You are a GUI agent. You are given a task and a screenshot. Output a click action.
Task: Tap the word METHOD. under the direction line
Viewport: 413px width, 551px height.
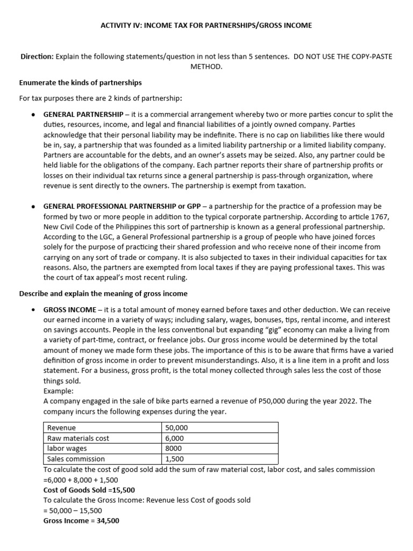(x=206, y=67)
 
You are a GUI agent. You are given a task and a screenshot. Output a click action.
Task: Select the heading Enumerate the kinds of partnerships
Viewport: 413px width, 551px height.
(x=80, y=82)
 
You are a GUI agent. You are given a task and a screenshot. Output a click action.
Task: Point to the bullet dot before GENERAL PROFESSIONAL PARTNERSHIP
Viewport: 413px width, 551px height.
(x=33, y=206)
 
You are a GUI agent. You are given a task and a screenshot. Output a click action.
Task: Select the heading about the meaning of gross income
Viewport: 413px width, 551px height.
(x=103, y=293)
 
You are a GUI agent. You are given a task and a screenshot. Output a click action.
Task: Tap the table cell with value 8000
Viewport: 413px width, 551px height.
(x=174, y=448)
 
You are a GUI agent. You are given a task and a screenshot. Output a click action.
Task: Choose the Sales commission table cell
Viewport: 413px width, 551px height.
(x=76, y=459)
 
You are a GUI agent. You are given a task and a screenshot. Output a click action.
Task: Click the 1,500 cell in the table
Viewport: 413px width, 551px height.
(x=175, y=459)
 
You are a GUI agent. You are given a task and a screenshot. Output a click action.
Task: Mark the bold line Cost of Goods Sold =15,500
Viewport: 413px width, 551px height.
(x=89, y=490)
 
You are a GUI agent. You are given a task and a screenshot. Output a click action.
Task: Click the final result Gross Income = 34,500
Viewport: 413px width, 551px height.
(x=81, y=521)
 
